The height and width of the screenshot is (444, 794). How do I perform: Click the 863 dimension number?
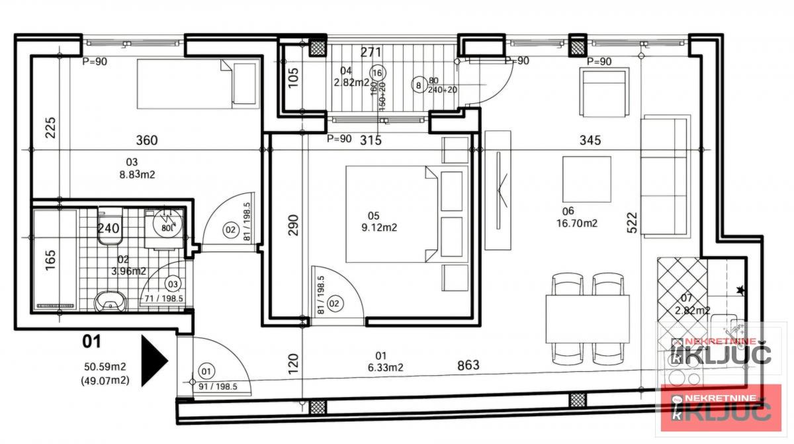pyautogui.click(x=467, y=365)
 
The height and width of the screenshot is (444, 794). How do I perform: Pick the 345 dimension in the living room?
pyautogui.click(x=590, y=140)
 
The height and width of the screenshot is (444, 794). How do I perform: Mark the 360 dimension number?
pyautogui.click(x=147, y=140)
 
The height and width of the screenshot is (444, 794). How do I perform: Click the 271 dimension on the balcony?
pyautogui.click(x=372, y=53)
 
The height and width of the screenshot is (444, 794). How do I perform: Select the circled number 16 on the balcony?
pyautogui.click(x=378, y=73)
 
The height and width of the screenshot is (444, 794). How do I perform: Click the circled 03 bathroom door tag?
pyautogui.click(x=173, y=285)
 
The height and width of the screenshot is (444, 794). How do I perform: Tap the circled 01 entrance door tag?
pyautogui.click(x=207, y=371)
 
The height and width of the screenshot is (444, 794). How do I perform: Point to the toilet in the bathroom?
pyautogui.click(x=109, y=226)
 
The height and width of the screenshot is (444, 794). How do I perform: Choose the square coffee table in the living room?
pyautogui.click(x=586, y=179)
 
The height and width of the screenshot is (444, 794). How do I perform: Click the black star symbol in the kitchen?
pyautogui.click(x=740, y=290)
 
